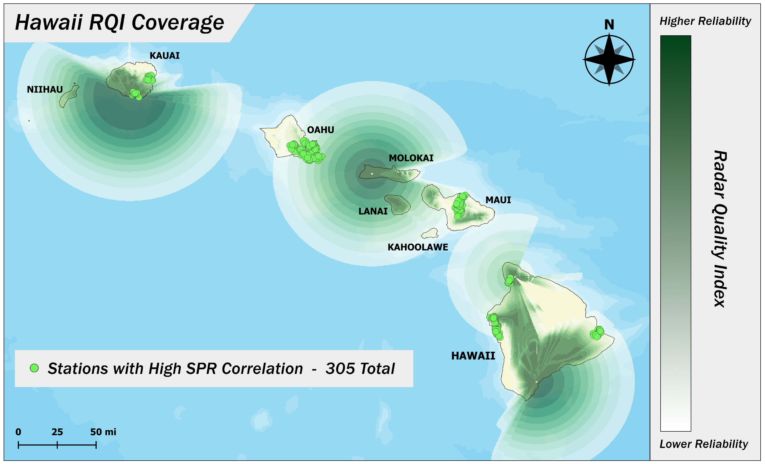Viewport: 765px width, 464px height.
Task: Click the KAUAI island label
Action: (165, 56)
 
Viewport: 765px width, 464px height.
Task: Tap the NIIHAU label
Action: (45, 89)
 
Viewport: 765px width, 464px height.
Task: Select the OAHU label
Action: (320, 130)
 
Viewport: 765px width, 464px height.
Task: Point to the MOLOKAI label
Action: (411, 158)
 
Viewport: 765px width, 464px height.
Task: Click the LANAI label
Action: (373, 211)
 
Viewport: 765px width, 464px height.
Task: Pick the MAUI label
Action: (498, 200)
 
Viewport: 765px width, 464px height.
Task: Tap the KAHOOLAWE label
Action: (418, 247)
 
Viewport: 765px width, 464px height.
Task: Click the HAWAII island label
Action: (473, 356)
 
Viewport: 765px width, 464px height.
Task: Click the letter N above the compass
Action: (609, 25)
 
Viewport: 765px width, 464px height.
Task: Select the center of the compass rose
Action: (609, 59)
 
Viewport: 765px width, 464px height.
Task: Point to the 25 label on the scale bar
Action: (57, 432)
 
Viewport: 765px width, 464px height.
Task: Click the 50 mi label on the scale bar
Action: (103, 432)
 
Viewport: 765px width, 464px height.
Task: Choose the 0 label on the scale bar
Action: (18, 432)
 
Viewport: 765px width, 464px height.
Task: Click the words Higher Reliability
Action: (705, 21)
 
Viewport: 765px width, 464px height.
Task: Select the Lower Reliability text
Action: (703, 444)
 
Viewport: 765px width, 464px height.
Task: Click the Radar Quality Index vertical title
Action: (719, 229)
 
